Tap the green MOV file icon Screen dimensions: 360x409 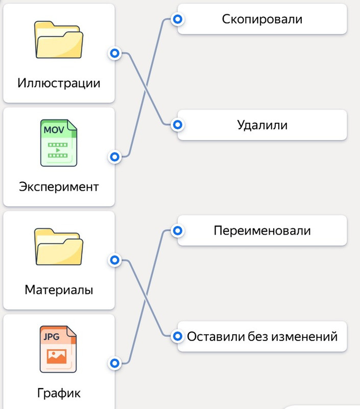click(x=59, y=143)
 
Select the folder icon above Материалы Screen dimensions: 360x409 click(x=59, y=247)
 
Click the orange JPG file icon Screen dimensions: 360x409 click(x=58, y=350)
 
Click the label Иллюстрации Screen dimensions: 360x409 click(x=59, y=83)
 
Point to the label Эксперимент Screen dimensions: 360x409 click(x=59, y=187)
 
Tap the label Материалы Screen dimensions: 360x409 click(x=59, y=290)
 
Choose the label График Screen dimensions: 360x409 click(x=59, y=394)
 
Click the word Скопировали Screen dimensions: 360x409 click(x=262, y=19)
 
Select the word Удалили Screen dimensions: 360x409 click(x=262, y=125)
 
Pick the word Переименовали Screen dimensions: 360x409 click(x=262, y=231)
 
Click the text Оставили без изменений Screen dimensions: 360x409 click(x=262, y=336)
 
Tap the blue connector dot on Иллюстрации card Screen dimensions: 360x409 click(x=115, y=53)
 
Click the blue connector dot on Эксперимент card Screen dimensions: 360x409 click(x=115, y=156)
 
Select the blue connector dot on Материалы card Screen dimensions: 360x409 click(x=115, y=261)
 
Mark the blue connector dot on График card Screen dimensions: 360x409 click(x=115, y=363)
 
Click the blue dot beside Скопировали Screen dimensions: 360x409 click(x=177, y=19)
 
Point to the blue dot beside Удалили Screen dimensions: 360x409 click(x=177, y=125)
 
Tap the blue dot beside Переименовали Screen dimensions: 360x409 click(x=177, y=231)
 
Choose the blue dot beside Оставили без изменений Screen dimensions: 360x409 click(x=177, y=336)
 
